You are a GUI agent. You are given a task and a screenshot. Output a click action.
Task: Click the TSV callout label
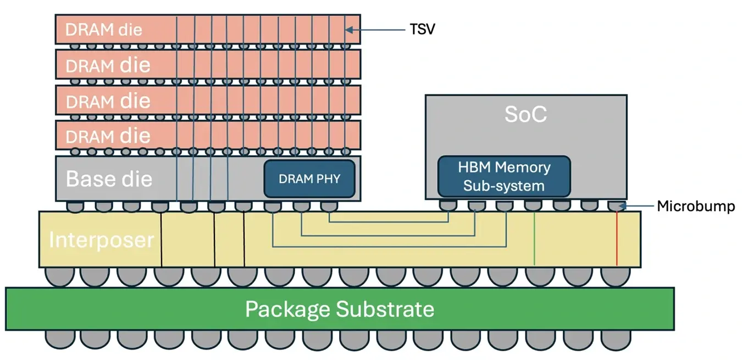tap(422, 30)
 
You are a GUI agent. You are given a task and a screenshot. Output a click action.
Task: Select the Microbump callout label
tap(696, 207)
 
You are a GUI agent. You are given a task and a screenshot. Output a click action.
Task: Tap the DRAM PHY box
tap(309, 179)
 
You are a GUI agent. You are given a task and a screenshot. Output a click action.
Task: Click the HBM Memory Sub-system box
tap(503, 176)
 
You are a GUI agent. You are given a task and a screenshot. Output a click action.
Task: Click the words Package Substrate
tap(339, 309)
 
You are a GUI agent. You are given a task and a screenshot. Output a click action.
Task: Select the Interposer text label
tap(101, 240)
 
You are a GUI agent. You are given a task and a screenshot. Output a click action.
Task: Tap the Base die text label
tap(109, 179)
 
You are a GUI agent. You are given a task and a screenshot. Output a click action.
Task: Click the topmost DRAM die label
tap(103, 30)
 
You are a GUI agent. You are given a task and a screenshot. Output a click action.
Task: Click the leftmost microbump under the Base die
tap(75, 207)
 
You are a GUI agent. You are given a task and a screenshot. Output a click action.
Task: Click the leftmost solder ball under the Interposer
tap(58, 276)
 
